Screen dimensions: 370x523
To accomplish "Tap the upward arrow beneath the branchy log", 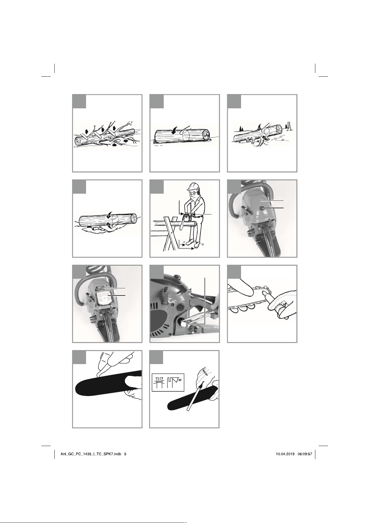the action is tap(114, 145).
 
